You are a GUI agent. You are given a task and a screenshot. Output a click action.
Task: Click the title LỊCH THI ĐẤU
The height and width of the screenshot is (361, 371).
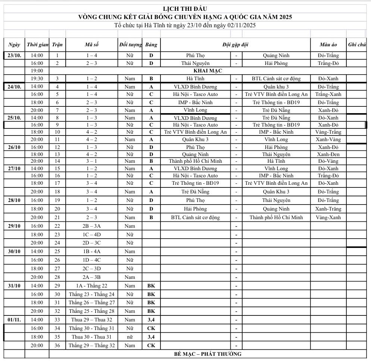point(185,9)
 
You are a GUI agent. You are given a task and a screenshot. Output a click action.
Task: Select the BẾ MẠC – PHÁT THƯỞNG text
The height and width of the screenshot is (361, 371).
point(208,354)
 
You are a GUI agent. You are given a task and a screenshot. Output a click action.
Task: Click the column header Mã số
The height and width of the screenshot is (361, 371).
point(91,45)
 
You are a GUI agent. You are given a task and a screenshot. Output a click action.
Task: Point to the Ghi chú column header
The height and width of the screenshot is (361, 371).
point(356,45)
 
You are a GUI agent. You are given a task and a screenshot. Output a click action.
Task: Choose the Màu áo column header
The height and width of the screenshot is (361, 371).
point(328,45)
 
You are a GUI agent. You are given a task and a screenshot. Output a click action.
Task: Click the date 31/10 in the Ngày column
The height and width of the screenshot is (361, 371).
point(14,286)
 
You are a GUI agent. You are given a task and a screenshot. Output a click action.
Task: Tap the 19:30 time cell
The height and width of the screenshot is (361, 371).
point(37,78)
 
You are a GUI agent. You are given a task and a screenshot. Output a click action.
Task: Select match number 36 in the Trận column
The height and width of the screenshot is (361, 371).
point(57,345)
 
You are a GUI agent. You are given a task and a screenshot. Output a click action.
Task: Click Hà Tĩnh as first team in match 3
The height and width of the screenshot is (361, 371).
point(195,78)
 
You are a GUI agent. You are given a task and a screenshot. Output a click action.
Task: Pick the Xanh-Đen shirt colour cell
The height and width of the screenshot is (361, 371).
point(328,154)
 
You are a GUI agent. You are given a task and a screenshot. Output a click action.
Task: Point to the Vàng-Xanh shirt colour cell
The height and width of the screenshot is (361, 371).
point(328,217)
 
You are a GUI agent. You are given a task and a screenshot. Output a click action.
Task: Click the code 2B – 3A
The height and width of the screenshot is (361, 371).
point(91,226)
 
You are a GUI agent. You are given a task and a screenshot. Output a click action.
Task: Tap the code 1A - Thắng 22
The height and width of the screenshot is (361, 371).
point(91,286)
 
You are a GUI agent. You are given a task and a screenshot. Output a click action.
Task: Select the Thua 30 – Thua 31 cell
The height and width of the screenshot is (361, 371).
point(91,337)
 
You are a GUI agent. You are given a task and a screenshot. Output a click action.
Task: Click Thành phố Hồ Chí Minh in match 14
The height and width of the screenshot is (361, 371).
point(195,161)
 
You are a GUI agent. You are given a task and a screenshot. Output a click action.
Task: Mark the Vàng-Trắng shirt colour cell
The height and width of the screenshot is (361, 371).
point(328,132)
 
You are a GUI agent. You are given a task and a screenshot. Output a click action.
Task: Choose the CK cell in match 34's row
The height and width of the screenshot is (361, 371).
point(151,328)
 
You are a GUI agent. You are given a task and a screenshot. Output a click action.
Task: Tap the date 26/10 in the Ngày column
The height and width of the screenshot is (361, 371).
point(14,147)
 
